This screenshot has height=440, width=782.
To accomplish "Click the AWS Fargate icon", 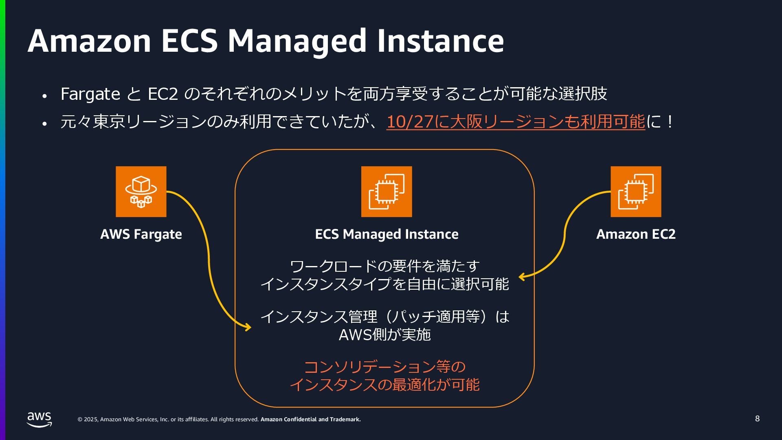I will [141, 191].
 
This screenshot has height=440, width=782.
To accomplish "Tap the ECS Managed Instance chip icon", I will [387, 191].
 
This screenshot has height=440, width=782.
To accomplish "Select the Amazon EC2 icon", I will [636, 191].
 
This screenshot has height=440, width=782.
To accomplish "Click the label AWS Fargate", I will [141, 234].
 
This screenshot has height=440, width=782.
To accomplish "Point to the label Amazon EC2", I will [636, 234].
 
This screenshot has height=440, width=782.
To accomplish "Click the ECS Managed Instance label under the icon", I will [387, 234].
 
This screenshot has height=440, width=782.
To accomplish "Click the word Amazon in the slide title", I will [89, 41].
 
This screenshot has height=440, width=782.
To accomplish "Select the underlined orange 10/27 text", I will [410, 122].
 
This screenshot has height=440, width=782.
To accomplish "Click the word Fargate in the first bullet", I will [90, 94].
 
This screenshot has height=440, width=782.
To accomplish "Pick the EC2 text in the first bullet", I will [163, 94].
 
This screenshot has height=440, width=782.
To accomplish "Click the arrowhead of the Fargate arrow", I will [248, 327].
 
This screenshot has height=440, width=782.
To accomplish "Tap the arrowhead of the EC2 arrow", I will [522, 277].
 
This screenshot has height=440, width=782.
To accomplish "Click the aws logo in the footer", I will [40, 419].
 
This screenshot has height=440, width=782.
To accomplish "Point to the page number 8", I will [757, 419].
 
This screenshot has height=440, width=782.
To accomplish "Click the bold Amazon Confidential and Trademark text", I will [310, 420].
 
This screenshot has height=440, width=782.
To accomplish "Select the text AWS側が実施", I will [384, 334].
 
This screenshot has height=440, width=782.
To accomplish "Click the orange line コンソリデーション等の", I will [384, 367].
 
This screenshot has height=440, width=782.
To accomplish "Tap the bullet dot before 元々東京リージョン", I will [45, 123].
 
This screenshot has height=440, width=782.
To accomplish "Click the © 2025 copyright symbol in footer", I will [80, 420].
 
